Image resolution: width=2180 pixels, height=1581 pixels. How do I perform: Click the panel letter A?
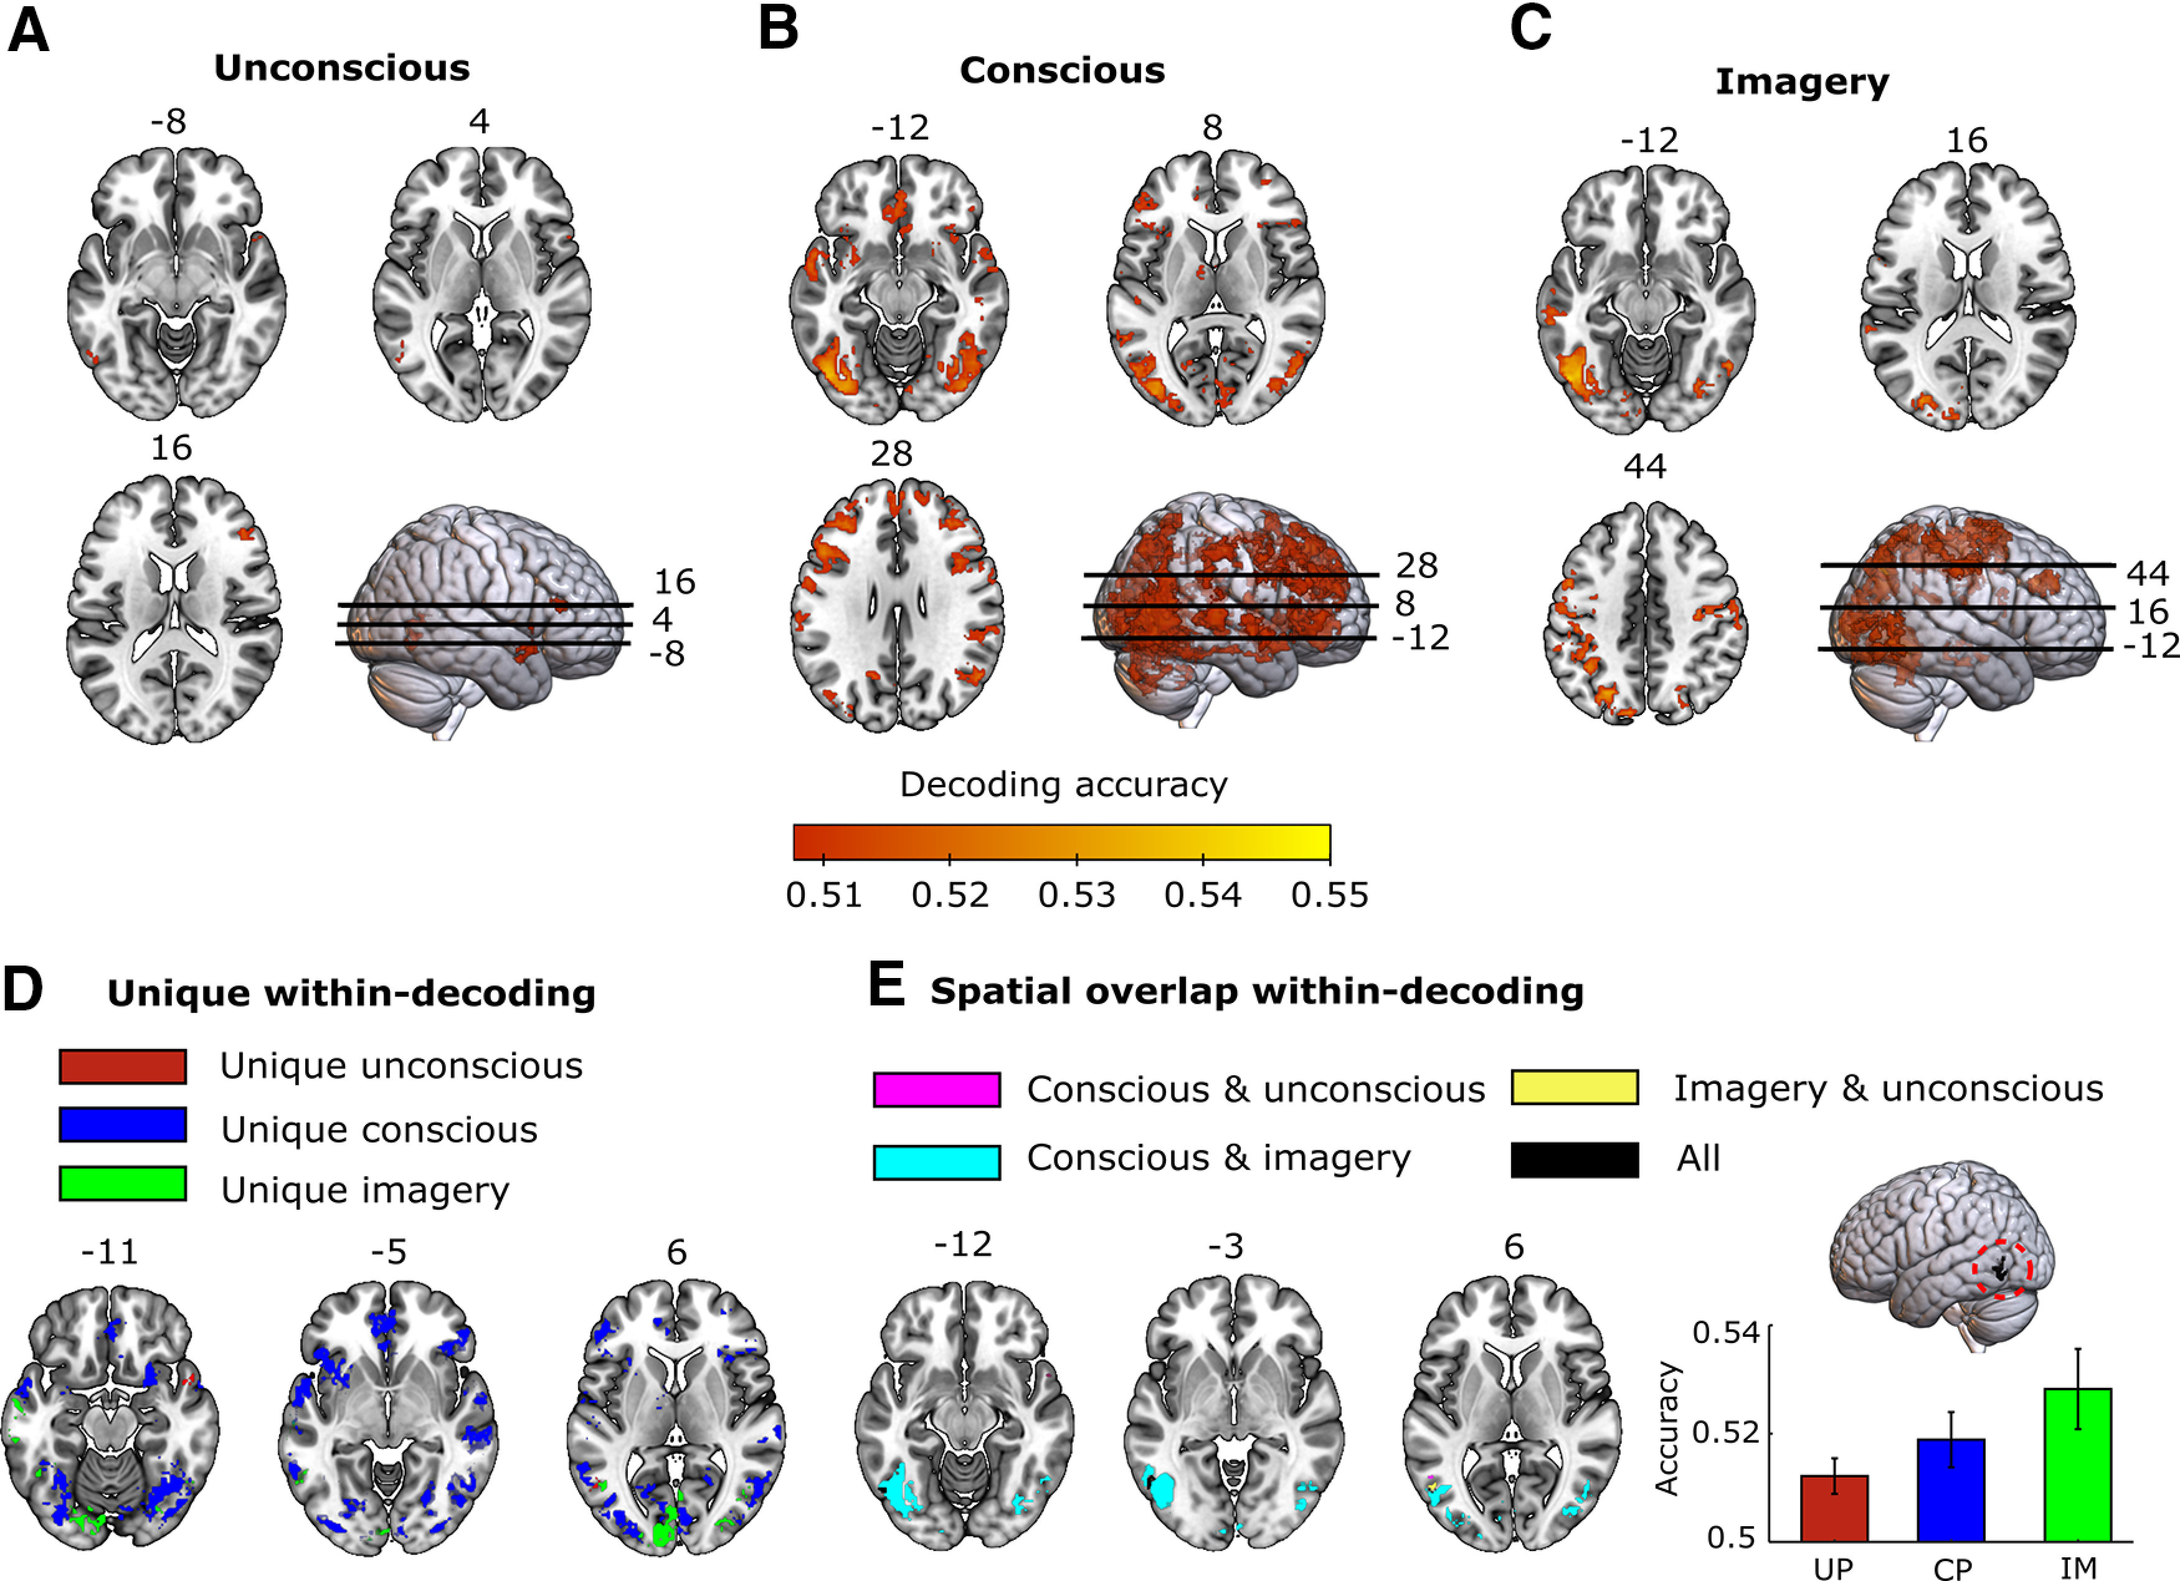28,32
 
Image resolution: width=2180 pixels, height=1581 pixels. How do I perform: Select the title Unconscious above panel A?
341,69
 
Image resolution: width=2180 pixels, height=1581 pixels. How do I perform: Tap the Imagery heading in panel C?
1803,83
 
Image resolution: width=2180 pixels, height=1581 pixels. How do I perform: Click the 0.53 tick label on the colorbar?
1076,895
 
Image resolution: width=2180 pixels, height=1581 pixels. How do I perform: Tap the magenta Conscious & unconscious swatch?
936,1090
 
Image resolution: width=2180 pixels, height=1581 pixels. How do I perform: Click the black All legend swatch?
1575,1160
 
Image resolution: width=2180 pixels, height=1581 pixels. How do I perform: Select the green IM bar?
2077,1465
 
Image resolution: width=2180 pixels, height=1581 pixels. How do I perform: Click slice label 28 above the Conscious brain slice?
891,453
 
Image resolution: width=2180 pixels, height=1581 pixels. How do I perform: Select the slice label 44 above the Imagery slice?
1644,467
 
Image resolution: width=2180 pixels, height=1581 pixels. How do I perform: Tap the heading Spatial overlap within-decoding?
1256,991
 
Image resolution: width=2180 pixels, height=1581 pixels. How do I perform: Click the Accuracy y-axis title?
1667,1428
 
